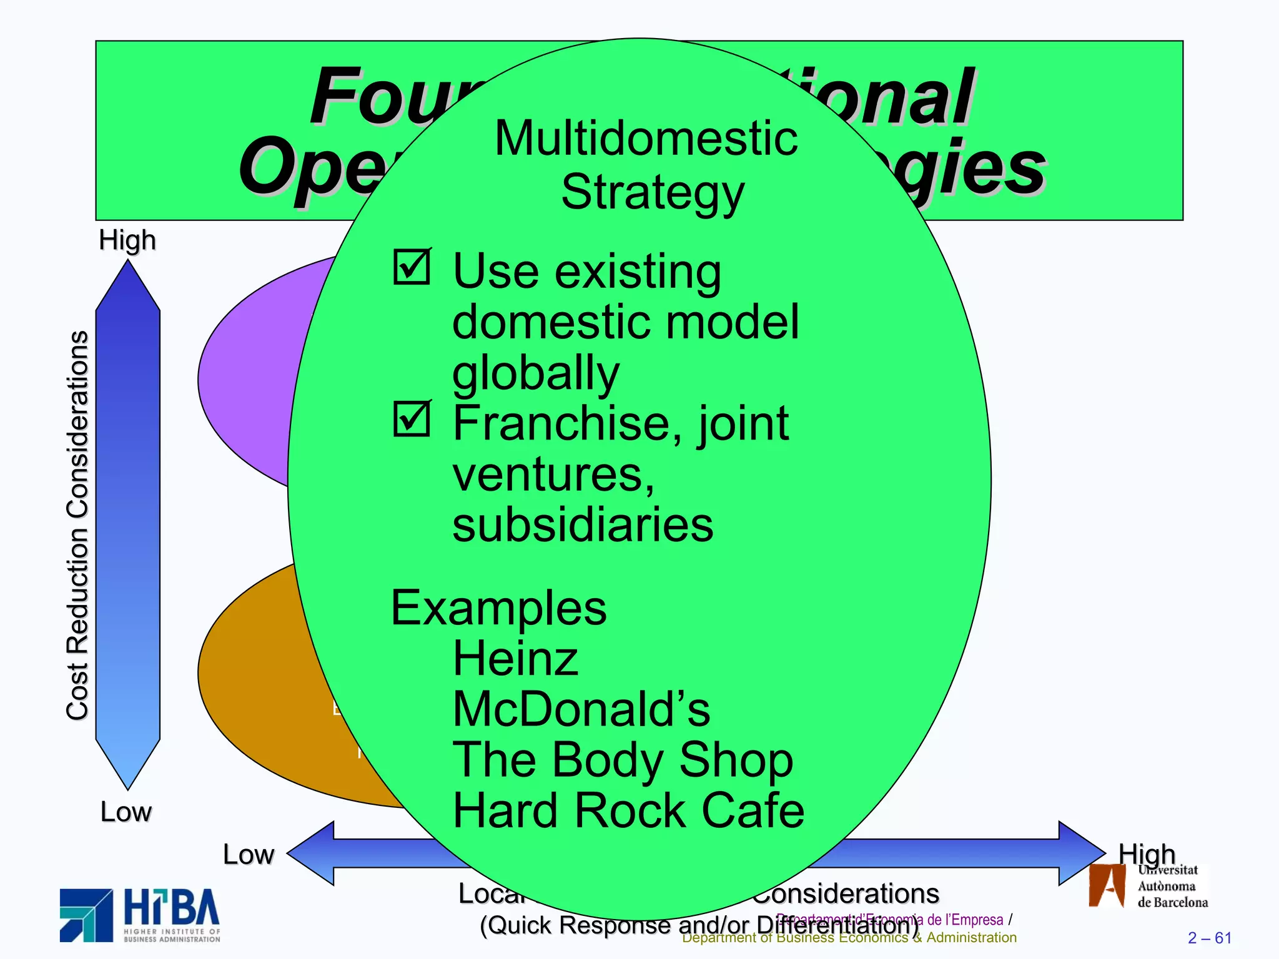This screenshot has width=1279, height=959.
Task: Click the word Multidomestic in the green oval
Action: [646, 139]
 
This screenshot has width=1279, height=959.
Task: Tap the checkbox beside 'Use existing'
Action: [412, 267]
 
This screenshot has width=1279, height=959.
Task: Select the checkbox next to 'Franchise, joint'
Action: [412, 419]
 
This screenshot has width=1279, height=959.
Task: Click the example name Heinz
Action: [515, 659]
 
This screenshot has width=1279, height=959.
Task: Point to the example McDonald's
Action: [581, 710]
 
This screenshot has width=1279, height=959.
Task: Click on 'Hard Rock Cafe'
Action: [628, 811]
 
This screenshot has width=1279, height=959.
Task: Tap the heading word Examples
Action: [498, 608]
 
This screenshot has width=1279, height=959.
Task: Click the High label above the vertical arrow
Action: [127, 240]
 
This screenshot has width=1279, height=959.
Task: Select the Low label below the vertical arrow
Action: [126, 812]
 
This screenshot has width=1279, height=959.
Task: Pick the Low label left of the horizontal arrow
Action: [248, 855]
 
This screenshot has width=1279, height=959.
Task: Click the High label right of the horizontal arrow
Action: [1146, 853]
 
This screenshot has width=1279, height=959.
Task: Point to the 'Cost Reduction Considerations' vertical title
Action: [77, 524]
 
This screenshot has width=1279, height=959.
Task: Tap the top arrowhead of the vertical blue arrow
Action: [128, 284]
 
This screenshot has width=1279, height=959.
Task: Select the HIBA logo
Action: [140, 915]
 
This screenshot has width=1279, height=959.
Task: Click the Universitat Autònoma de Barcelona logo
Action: [1148, 886]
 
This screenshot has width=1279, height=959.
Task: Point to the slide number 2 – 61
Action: [1209, 938]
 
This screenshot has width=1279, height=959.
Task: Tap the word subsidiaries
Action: [582, 525]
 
